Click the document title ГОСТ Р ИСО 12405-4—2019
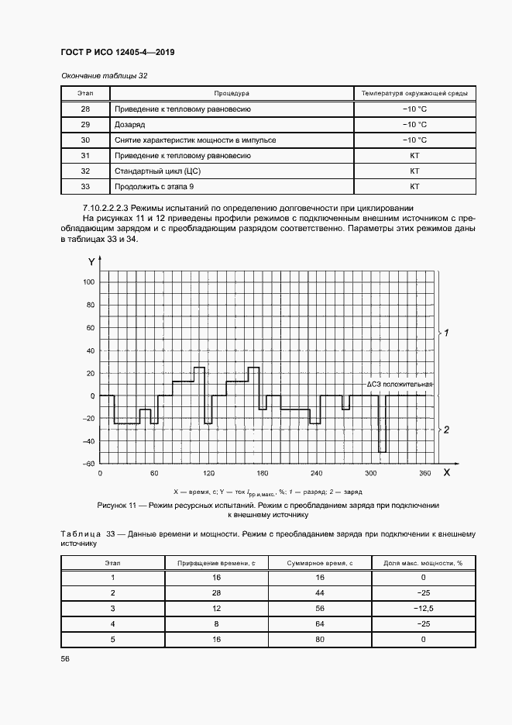click(x=117, y=54)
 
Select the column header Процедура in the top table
click(x=232, y=94)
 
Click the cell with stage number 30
click(x=85, y=140)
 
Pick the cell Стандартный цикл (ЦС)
click(x=147, y=171)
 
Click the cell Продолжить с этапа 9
click(x=150, y=187)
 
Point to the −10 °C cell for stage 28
click(x=414, y=109)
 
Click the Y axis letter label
click(x=91, y=261)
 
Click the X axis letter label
click(x=446, y=471)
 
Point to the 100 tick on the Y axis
click(x=88, y=282)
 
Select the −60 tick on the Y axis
click(x=88, y=464)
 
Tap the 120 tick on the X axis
click(x=208, y=473)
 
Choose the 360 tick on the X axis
click(x=424, y=473)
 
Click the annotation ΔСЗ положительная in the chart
click(x=400, y=385)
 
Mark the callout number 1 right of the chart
click(x=446, y=333)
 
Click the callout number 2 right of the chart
click(x=446, y=430)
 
